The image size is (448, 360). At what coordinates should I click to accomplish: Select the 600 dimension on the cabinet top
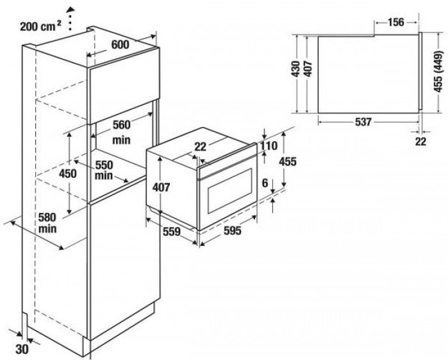click(120, 45)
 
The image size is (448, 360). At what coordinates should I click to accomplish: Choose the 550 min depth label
click(105, 169)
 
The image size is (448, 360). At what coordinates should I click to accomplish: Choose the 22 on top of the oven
click(200, 146)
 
